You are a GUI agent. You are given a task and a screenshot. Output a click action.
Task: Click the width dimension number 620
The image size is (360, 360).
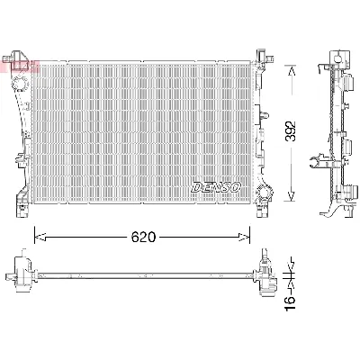[x=145, y=238]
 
